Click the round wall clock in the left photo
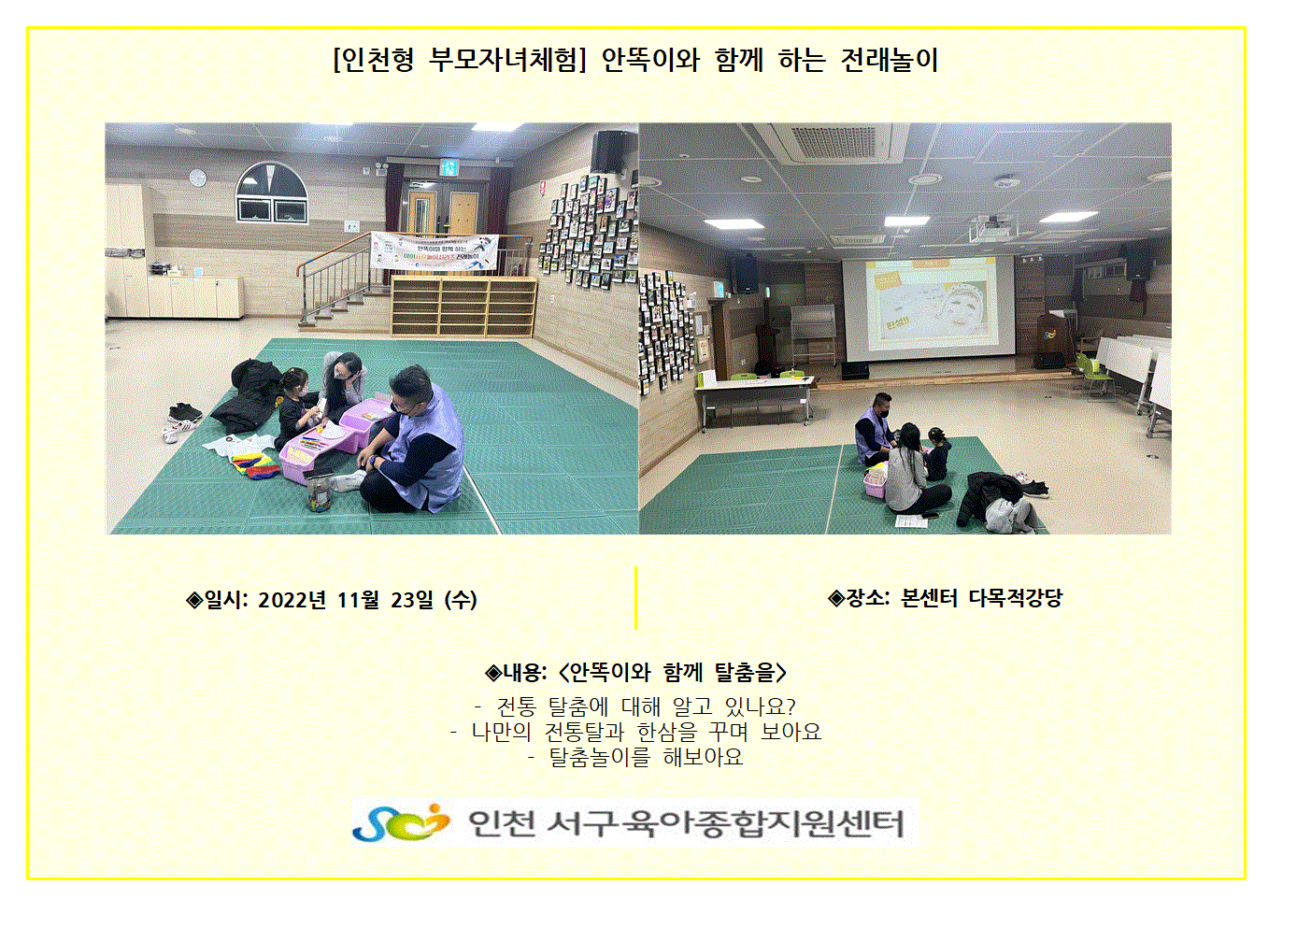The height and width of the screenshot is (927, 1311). point(198,178)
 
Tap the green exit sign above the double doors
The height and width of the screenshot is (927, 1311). point(449,168)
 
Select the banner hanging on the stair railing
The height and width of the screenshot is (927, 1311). point(434,251)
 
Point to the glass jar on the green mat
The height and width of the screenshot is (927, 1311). point(319,492)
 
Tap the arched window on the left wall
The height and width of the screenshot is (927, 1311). point(272,193)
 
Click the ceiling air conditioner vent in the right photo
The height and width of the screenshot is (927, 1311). point(835,142)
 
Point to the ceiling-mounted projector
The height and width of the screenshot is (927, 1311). point(992,227)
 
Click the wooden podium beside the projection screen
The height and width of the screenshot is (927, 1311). point(1051,340)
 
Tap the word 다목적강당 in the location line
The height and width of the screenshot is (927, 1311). point(1015,597)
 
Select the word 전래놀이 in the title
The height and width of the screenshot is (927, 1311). point(889,60)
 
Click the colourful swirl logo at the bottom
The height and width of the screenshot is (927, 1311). point(400,822)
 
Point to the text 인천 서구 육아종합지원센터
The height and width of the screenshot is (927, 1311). point(686,823)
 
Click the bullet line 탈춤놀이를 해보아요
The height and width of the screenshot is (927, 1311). point(646,757)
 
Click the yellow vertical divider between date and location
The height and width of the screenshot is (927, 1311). point(635,597)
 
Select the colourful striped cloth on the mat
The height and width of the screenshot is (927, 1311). point(253,464)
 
